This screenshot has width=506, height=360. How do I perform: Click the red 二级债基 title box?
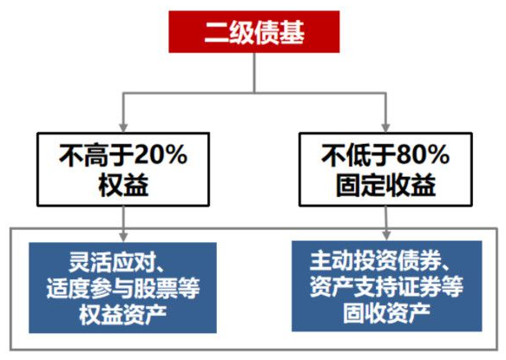point(254,31)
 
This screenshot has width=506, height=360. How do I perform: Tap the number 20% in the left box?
point(161,155)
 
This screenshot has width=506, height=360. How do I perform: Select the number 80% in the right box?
point(423,155)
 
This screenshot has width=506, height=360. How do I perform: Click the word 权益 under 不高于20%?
point(123,185)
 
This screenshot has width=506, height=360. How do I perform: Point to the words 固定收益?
point(385,185)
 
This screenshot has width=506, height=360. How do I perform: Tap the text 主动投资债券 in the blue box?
point(375,261)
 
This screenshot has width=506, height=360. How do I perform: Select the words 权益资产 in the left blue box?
point(123,314)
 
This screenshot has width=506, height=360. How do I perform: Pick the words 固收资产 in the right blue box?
point(386,312)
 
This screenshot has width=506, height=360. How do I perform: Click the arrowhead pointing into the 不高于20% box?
point(123,128)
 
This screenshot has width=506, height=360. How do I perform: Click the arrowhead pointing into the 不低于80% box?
point(385,128)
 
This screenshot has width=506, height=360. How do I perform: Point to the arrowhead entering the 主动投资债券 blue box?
point(386,235)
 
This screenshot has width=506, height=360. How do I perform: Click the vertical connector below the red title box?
point(254,73)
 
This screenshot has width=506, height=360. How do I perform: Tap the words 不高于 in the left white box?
point(97,155)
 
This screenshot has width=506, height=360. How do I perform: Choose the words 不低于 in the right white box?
point(358,155)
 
